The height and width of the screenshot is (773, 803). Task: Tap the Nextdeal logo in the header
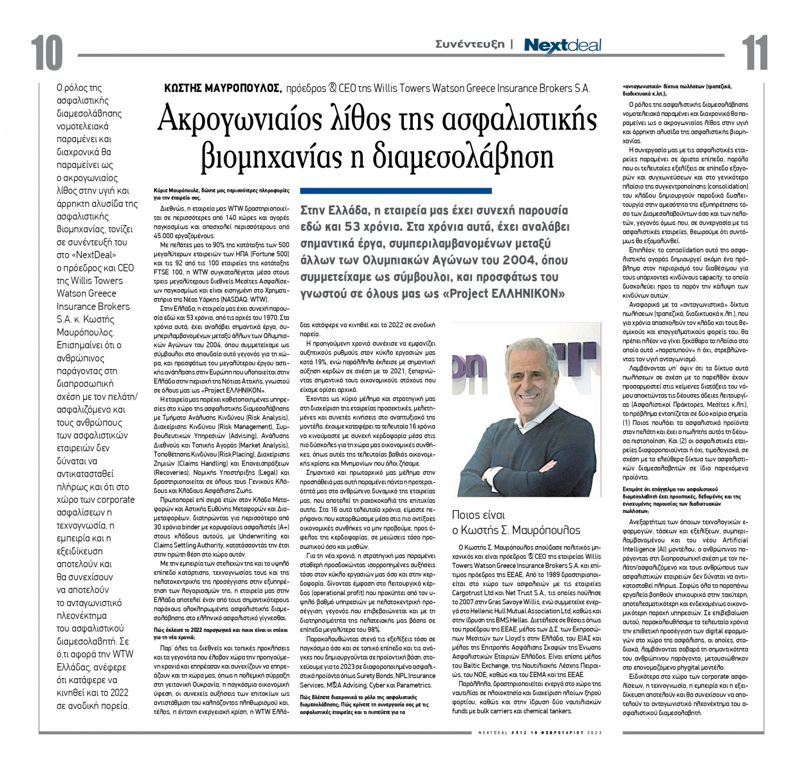pos(562,45)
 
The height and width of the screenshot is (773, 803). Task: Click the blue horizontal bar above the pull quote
pos(395,191)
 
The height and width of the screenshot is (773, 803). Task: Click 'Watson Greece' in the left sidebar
pos(86,293)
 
